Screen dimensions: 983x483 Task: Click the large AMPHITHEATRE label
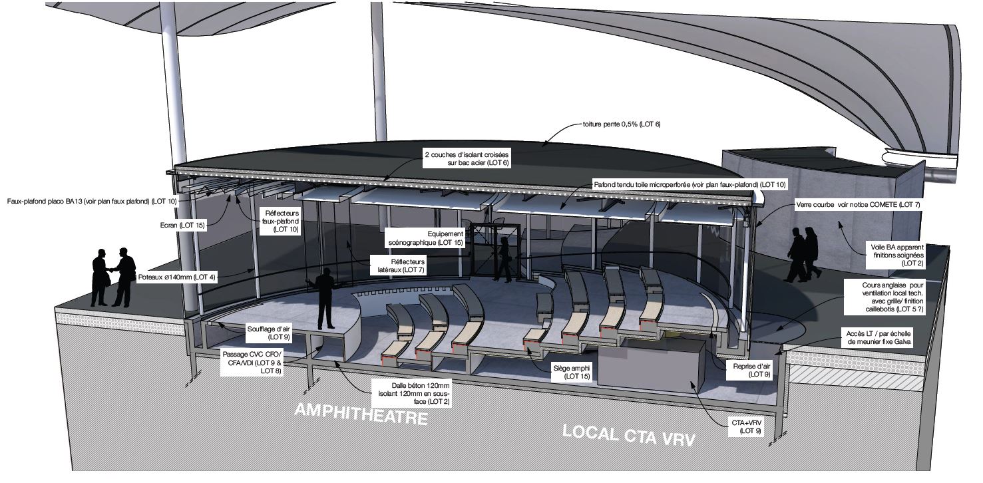[361, 414]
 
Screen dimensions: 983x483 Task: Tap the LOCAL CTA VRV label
[629, 436]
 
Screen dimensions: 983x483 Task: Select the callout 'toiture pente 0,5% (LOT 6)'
[622, 124]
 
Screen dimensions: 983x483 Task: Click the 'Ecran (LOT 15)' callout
[182, 226]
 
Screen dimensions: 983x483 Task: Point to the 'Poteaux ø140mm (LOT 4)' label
[177, 277]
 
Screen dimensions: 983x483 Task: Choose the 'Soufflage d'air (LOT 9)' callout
[268, 333]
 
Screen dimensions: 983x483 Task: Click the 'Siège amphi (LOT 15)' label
[572, 373]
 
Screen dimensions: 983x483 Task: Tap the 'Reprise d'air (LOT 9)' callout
[751, 371]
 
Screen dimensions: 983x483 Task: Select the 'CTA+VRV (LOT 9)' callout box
[746, 427]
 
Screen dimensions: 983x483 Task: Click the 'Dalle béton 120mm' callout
[414, 393]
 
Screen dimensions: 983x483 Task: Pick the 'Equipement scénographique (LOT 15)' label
[425, 238]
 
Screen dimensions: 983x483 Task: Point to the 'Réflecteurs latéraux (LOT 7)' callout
[401, 266]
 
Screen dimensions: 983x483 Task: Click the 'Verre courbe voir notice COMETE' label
[858, 204]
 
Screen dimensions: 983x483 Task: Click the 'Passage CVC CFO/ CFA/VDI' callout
[252, 363]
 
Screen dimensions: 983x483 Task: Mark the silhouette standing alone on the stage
[325, 298]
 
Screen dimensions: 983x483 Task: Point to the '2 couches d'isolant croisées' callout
[467, 159]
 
